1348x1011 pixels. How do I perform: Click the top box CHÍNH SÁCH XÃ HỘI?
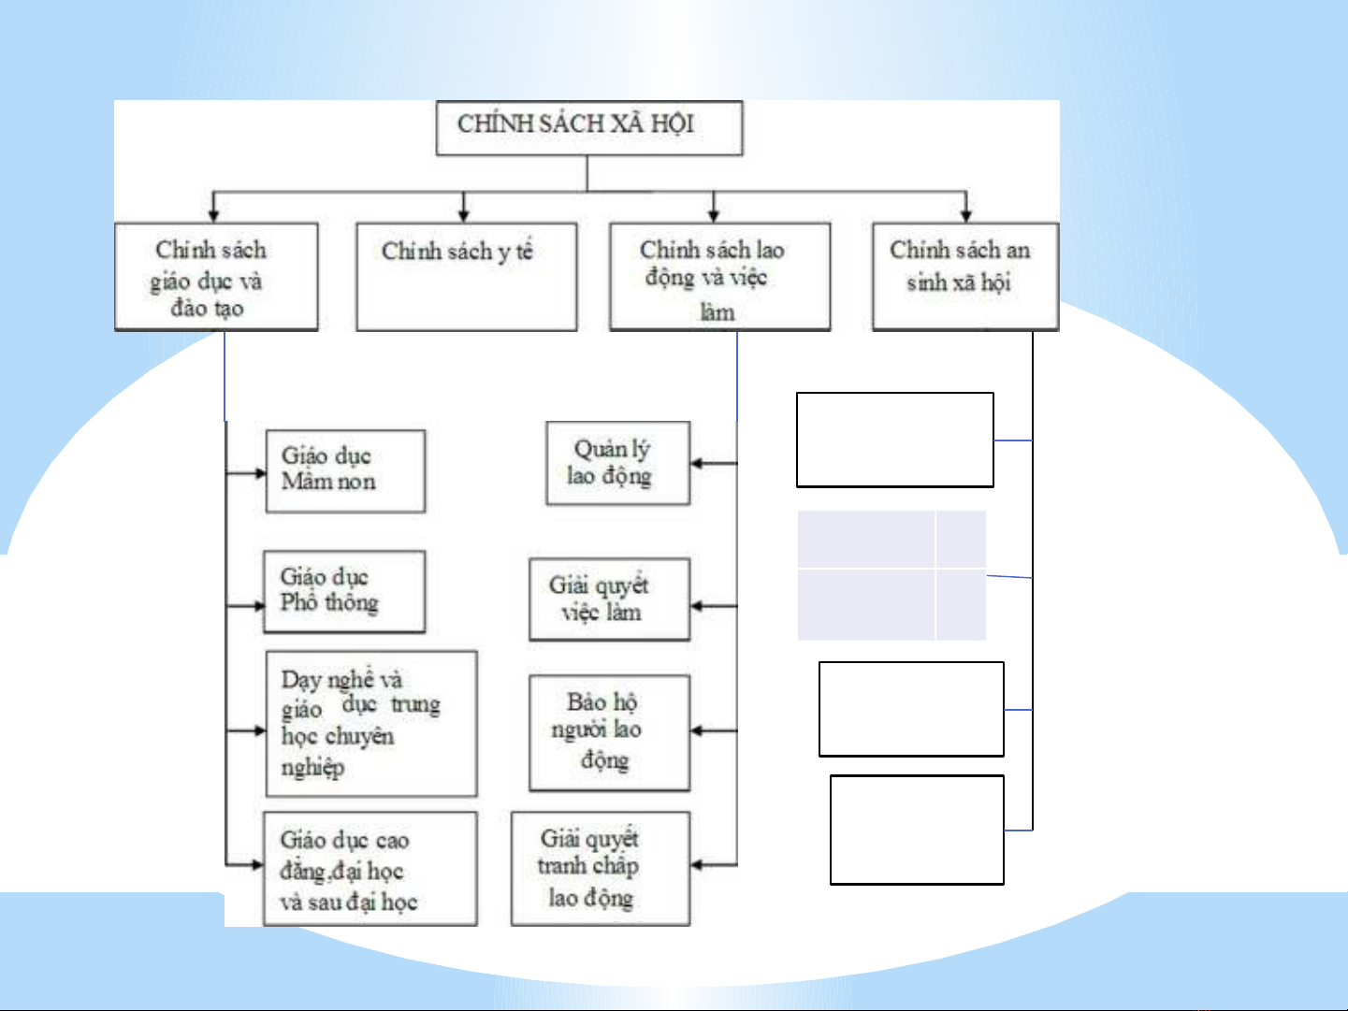click(x=588, y=128)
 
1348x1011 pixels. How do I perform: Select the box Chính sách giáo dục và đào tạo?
click(x=216, y=277)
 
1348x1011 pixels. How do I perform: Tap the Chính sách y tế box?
click(x=466, y=277)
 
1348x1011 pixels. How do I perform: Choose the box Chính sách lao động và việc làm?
click(x=719, y=277)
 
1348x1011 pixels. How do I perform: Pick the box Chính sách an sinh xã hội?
click(x=964, y=277)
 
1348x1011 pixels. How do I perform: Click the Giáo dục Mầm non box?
click(x=345, y=471)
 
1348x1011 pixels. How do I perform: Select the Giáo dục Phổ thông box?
click(x=344, y=592)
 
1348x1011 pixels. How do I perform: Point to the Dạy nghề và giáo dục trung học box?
click(x=371, y=724)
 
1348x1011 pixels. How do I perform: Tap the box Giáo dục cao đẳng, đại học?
click(x=370, y=869)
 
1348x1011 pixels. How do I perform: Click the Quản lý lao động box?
click(x=617, y=464)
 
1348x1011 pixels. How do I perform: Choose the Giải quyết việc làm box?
click(x=609, y=599)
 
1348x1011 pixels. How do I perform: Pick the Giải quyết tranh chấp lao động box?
click(x=600, y=869)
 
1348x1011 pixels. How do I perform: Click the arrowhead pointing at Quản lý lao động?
click(x=697, y=463)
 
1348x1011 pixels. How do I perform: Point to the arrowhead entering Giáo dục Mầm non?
click(x=260, y=473)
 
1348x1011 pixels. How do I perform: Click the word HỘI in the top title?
click(x=672, y=124)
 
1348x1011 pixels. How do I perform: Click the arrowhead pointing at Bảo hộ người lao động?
click(x=697, y=730)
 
